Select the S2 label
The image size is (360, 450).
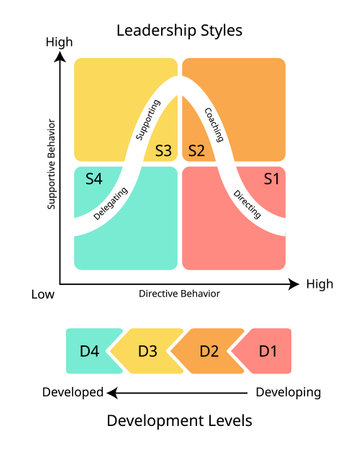point(196,151)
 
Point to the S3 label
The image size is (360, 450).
point(164,151)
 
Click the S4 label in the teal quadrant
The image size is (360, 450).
point(95,179)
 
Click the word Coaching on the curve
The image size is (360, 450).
point(214,123)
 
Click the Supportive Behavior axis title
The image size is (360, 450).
point(51,165)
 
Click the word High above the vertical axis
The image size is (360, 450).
point(61,43)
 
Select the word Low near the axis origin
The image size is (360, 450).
point(42,294)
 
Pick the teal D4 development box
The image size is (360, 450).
point(89,350)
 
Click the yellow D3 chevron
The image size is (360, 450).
point(148,350)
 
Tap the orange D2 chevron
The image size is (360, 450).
point(209,350)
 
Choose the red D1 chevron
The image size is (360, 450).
point(267,350)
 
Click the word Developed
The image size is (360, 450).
point(72,392)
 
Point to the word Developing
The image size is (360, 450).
point(289,392)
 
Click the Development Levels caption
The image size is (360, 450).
point(180,421)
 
